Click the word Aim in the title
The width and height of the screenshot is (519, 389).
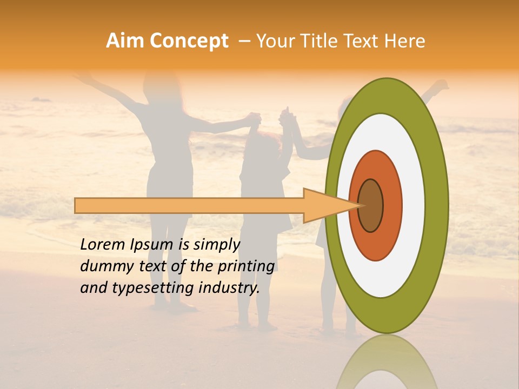(x=125, y=41)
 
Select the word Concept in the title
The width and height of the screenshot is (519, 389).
(x=188, y=41)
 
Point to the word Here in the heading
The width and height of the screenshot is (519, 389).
(x=404, y=41)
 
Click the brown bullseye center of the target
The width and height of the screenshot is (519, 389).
(x=370, y=205)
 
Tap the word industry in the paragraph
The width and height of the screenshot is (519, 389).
(x=228, y=288)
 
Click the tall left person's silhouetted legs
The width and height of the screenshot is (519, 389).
(x=170, y=254)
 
